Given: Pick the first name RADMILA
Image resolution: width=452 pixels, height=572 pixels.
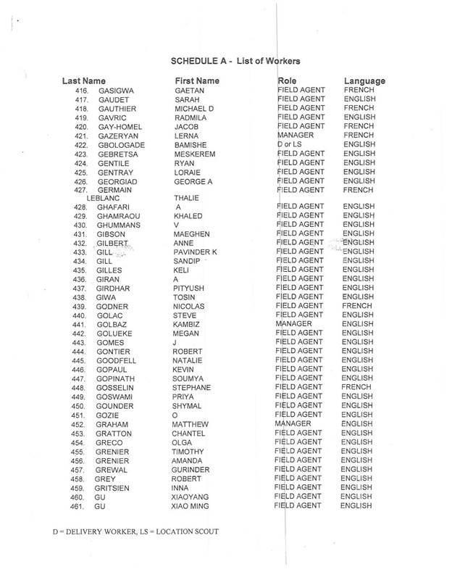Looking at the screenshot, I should (x=194, y=117).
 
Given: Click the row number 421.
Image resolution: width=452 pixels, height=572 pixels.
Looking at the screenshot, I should (x=81, y=135).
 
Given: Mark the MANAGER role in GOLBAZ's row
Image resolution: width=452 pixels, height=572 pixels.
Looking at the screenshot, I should (x=297, y=324).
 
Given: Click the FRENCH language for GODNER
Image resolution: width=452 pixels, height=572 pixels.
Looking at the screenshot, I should (x=359, y=306).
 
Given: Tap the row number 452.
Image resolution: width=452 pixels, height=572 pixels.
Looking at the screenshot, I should (x=81, y=423).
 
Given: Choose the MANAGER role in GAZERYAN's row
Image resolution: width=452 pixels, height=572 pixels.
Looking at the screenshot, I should (x=297, y=135).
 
